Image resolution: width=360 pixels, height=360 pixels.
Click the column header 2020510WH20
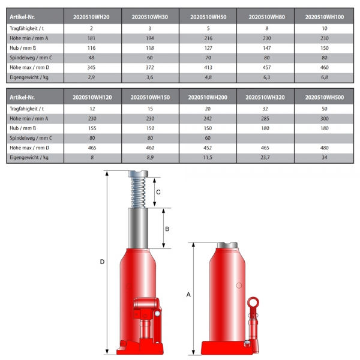91,17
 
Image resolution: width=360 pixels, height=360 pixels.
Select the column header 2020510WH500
325,97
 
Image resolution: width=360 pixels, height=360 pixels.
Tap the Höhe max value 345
91,67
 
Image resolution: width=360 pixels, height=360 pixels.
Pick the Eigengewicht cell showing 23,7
265,157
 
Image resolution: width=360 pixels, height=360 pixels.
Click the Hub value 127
208,48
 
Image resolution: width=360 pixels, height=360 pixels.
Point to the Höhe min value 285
265,118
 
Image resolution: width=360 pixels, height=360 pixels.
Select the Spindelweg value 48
91,58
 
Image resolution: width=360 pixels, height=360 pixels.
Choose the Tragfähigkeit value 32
265,109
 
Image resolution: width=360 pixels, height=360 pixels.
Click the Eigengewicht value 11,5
208,157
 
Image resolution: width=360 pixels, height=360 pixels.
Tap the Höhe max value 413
208,67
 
